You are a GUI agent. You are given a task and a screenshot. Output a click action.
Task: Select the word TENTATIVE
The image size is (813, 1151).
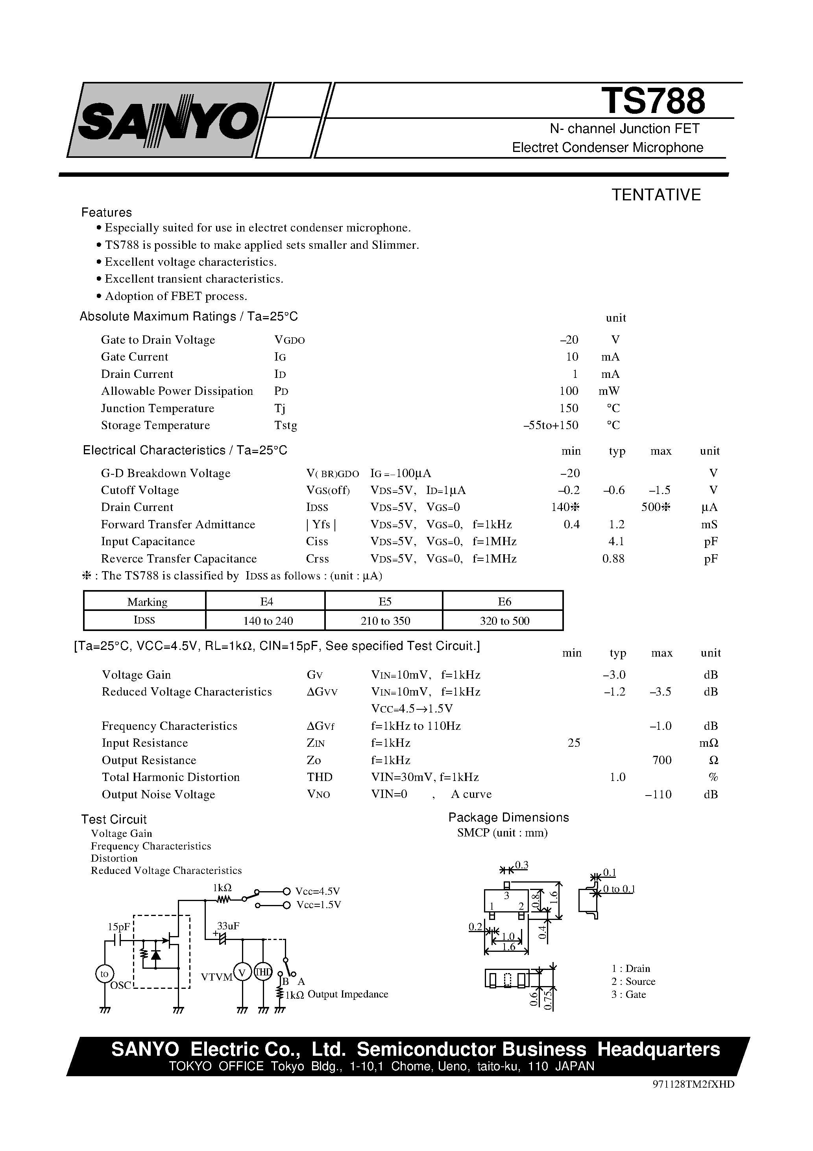[x=656, y=195]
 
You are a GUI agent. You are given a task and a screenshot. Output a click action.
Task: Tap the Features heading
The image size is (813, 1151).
[x=106, y=212]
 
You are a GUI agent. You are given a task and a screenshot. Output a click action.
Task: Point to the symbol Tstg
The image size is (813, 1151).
[x=286, y=425]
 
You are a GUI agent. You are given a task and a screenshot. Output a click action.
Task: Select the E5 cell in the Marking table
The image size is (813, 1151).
[x=384, y=601]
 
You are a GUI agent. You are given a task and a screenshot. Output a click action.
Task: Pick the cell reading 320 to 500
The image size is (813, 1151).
[x=504, y=621]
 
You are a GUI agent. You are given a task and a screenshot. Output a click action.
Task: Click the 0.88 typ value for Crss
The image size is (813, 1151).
[x=613, y=559]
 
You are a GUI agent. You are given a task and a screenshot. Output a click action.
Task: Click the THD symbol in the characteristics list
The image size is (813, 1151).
[x=319, y=777]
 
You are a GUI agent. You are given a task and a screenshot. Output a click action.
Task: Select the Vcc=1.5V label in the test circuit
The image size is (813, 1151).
[x=318, y=905]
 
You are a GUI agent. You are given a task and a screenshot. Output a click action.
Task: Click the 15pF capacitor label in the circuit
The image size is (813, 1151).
[x=119, y=927]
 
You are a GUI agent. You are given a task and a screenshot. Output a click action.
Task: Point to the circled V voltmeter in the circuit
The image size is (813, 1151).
[x=242, y=973]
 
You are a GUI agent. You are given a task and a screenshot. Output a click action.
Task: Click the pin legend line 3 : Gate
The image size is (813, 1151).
[x=628, y=995]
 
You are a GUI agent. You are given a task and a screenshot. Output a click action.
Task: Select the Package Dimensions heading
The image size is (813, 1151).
[x=508, y=818]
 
